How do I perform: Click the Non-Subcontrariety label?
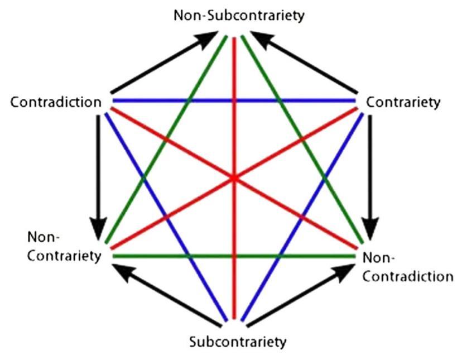(239, 15)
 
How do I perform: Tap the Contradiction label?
(56, 103)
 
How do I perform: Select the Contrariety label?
(403, 103)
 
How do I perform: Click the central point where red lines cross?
(234, 178)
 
